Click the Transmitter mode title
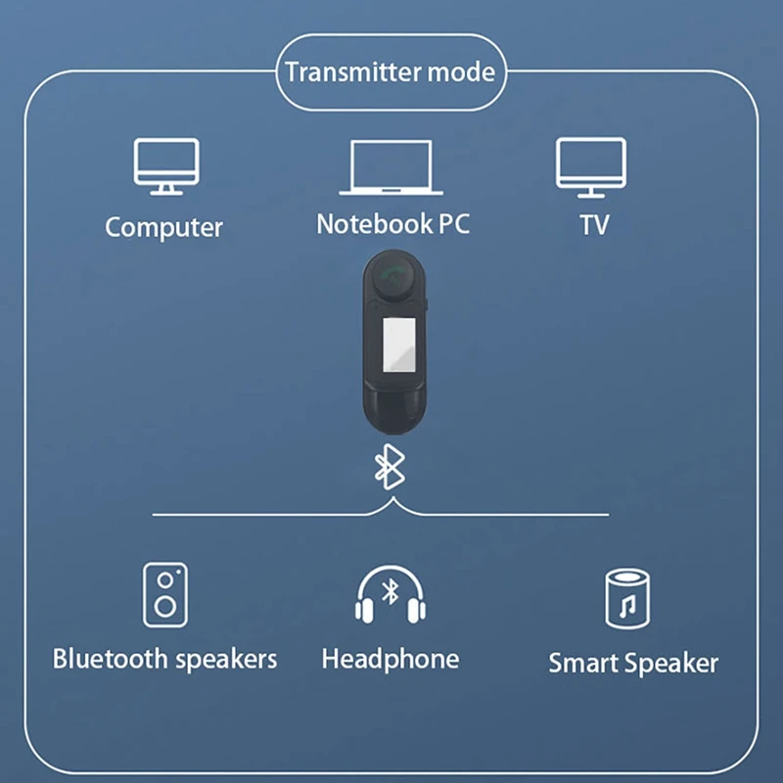tap(389, 71)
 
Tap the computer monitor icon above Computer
tap(165, 165)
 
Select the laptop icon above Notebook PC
tap(391, 167)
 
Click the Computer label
tap(164, 227)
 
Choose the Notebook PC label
tap(392, 223)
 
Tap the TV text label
tap(594, 224)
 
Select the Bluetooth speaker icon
tap(165, 594)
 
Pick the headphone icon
tap(390, 596)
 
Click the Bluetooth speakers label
tap(164, 659)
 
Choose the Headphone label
tap(390, 659)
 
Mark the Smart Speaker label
tap(633, 663)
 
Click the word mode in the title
tap(460, 71)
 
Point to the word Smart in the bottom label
tap(584, 663)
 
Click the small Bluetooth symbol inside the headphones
tap(390, 591)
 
